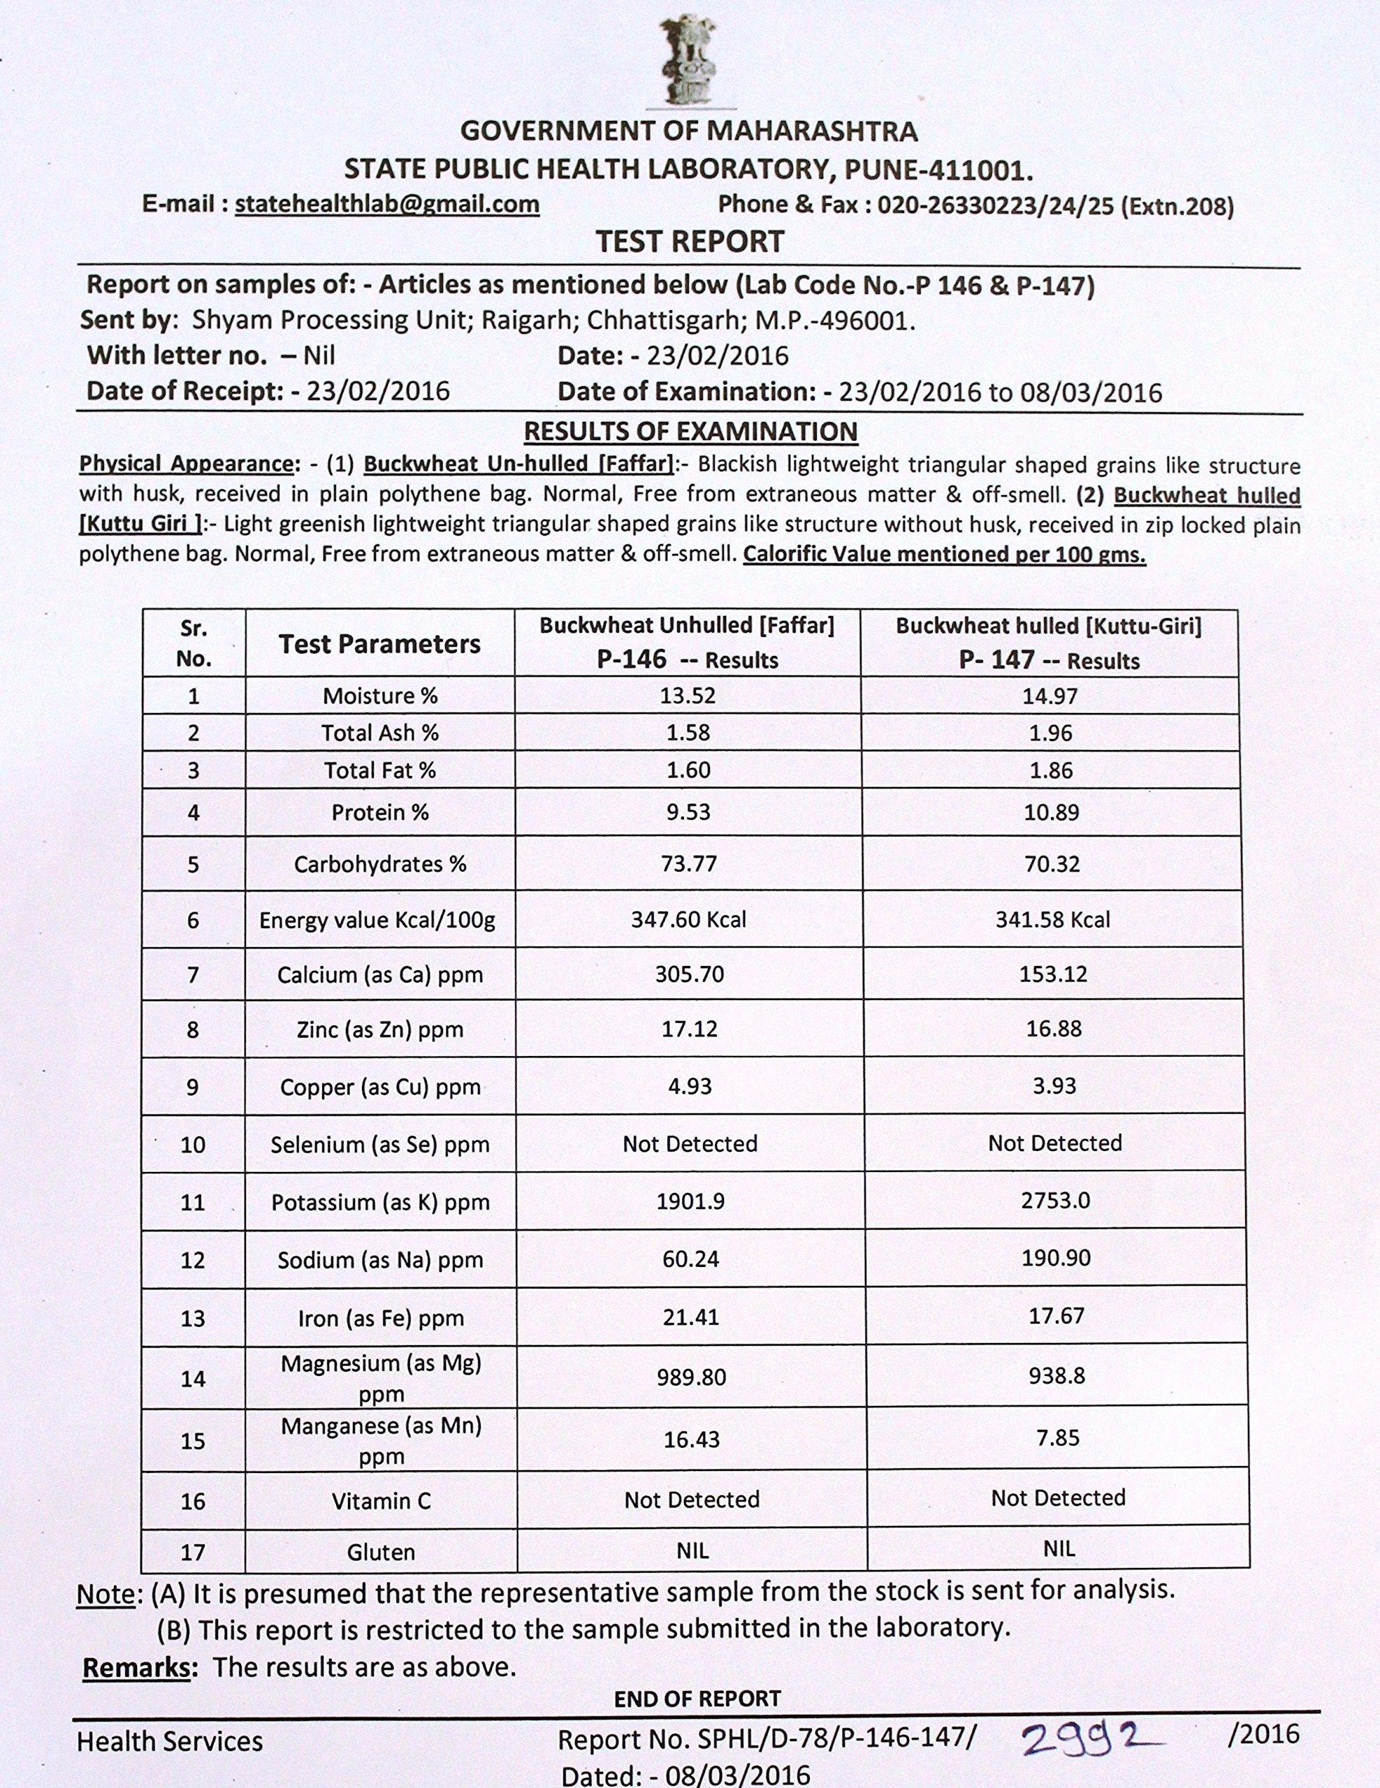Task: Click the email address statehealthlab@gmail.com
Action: (386, 204)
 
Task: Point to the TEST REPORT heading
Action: (689, 242)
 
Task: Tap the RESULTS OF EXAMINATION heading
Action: (690, 432)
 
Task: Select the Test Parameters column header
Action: (379, 643)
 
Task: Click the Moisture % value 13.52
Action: (688, 696)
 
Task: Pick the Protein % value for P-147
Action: (1052, 813)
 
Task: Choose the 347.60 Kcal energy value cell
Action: (688, 919)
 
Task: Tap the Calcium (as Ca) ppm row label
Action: (380, 975)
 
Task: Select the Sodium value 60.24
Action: (690, 1259)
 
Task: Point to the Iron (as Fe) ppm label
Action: (380, 1318)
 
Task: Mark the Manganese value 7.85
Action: (1057, 1437)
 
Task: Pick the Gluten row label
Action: (380, 1552)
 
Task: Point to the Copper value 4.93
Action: (690, 1086)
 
